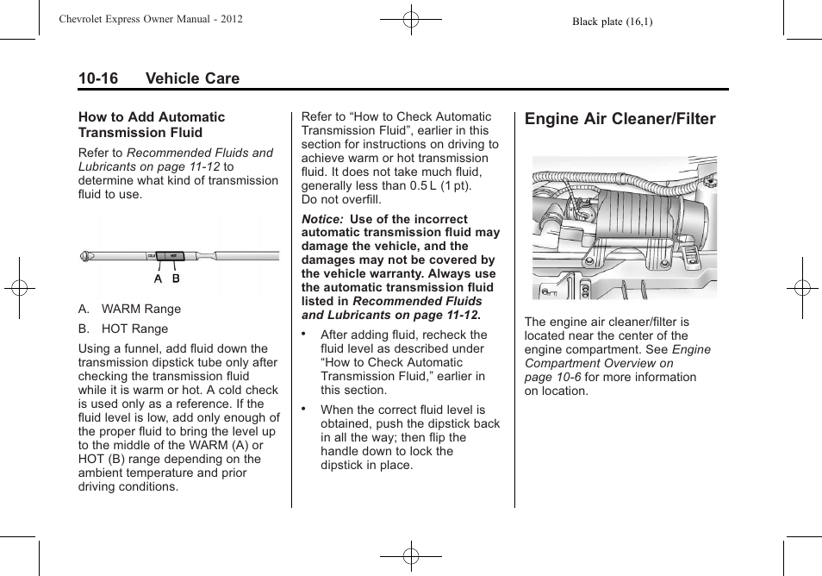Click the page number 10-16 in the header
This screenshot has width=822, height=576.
pos(98,78)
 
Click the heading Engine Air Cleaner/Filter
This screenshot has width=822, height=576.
pos(620,119)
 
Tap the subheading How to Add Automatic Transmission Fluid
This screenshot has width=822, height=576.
pos(152,124)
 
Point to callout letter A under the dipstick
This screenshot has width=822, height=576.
pos(159,279)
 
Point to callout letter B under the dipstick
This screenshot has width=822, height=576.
pos(176,279)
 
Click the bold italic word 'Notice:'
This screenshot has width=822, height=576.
pos(323,219)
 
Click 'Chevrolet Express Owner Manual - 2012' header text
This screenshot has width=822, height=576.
pos(151,19)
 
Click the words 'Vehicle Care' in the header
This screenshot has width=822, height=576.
pos(192,78)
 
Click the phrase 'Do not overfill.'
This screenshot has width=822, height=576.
pos(341,199)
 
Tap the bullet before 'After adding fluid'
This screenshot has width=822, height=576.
pos(304,333)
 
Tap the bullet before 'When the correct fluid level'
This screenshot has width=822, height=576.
pos(304,408)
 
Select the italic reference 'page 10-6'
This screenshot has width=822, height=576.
pos(552,377)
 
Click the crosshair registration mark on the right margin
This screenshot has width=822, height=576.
pos(801,287)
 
